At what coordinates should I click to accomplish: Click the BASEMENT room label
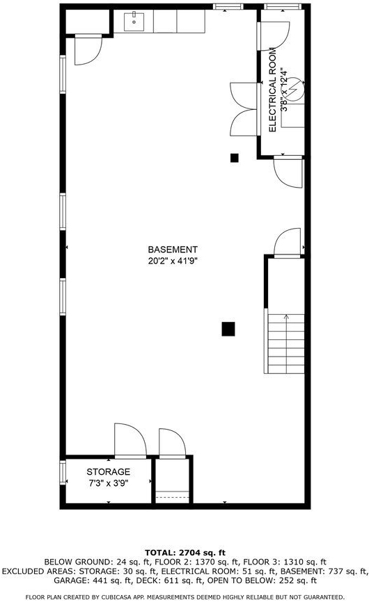[173, 250]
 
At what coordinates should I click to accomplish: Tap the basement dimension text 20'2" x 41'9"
[173, 261]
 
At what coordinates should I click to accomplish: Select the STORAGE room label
[109, 472]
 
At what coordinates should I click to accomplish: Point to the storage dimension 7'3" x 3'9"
[109, 483]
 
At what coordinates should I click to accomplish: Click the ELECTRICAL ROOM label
[272, 90]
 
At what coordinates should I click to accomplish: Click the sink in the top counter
[134, 22]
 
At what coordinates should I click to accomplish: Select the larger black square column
[228, 329]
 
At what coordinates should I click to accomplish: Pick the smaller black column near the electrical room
[235, 158]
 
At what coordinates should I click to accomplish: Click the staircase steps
[286, 343]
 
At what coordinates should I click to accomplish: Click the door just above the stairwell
[288, 242]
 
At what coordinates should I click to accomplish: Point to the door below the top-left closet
[88, 50]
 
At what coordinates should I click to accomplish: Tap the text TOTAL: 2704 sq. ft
[185, 553]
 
